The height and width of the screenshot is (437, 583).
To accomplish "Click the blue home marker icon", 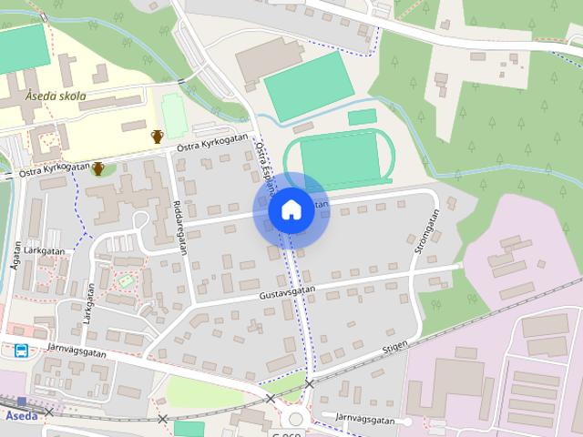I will [291, 210].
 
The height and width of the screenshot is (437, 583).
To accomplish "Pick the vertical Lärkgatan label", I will [89, 303].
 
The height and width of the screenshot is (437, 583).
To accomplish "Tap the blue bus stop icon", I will [20, 350].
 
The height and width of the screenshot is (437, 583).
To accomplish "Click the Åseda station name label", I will [21, 415].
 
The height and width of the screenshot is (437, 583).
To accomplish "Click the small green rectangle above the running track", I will [362, 117].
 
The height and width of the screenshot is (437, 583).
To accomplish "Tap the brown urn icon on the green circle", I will [97, 168].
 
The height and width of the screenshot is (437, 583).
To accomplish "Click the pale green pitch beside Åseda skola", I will [173, 117].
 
